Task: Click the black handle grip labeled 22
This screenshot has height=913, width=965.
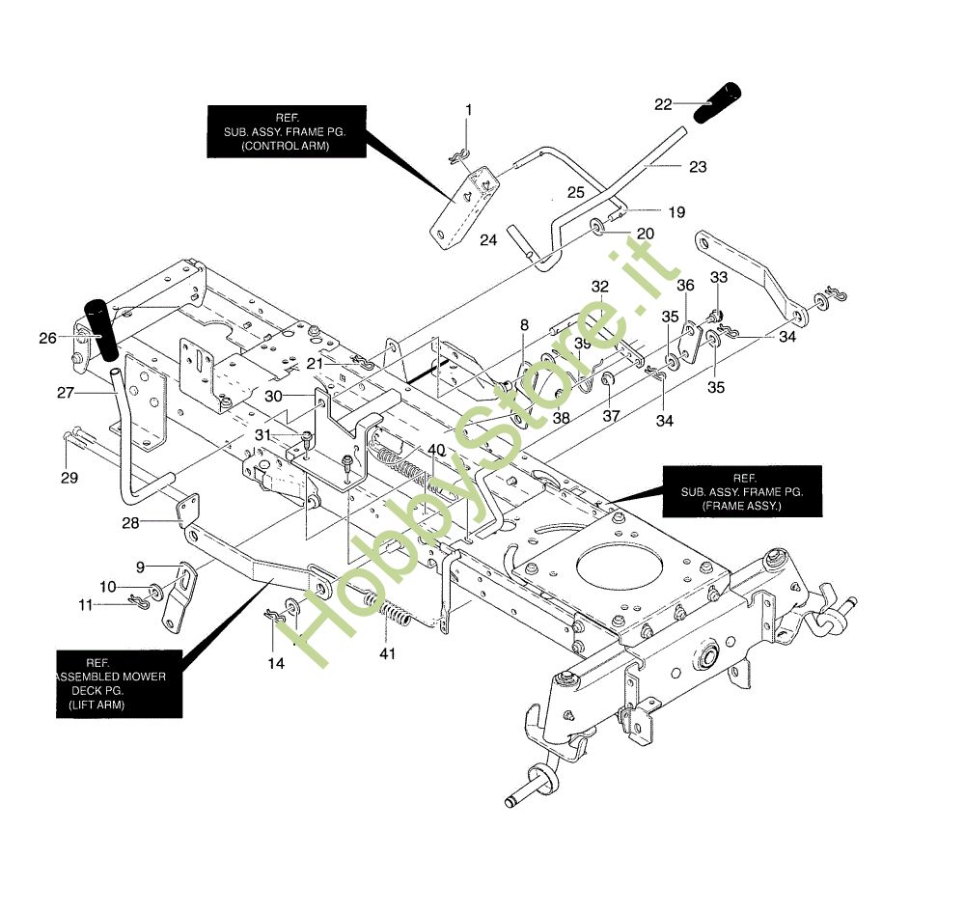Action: (x=720, y=100)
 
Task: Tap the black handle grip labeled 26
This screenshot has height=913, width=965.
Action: (x=101, y=328)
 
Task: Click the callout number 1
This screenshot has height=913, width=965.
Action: (x=469, y=110)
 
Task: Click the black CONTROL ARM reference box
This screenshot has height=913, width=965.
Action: (x=286, y=131)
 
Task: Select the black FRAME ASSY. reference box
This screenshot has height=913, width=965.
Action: (x=742, y=492)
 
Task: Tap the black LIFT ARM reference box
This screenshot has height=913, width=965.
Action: (x=118, y=684)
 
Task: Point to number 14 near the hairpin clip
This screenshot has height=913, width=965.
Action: (x=277, y=663)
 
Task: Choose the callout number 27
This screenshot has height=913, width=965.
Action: (x=66, y=393)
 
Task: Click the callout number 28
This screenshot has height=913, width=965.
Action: (x=130, y=522)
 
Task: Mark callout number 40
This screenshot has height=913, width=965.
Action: (x=436, y=450)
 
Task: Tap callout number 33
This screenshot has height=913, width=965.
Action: (x=718, y=277)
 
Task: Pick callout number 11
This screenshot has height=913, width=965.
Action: (x=86, y=604)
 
